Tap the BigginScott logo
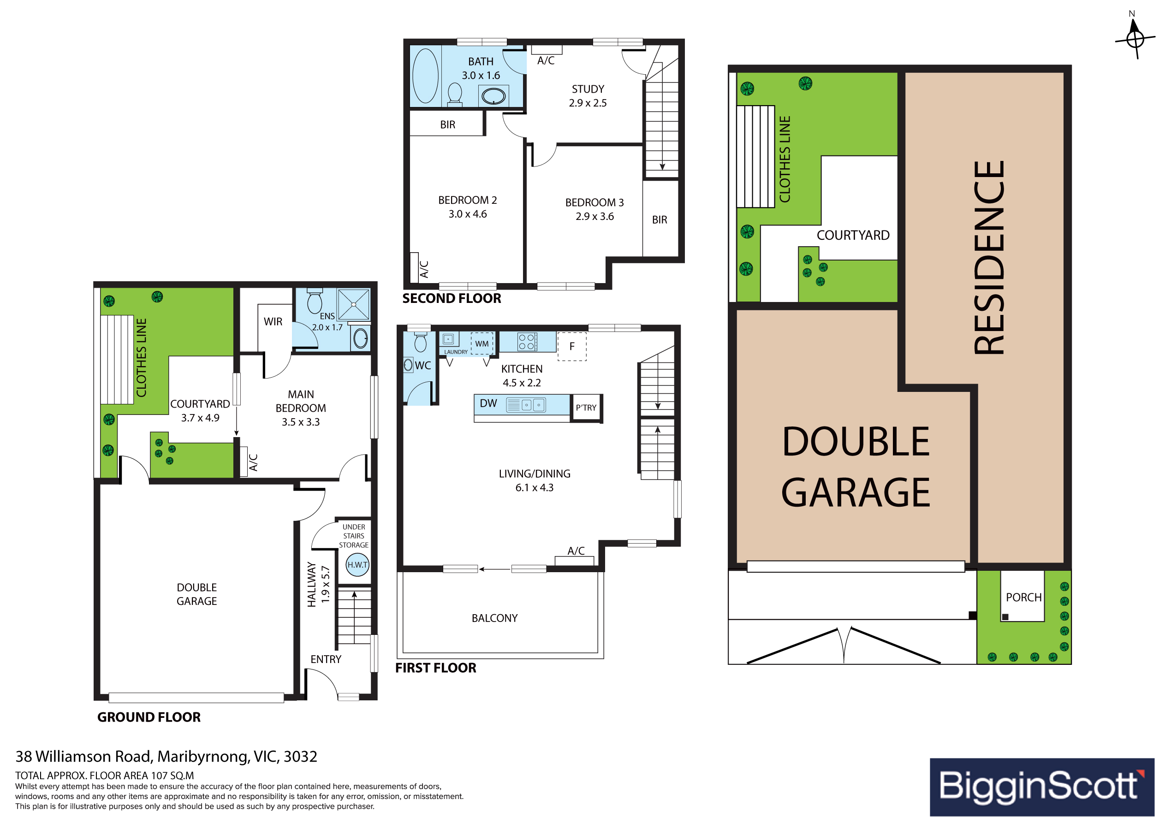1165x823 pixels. click(x=1042, y=787)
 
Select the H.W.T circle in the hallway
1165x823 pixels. click(x=357, y=565)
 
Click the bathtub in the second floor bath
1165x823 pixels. click(x=425, y=76)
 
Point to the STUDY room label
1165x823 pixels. click(x=588, y=89)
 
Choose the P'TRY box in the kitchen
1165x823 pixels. click(x=587, y=408)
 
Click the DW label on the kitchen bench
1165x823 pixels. click(x=488, y=403)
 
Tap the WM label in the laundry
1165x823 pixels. click(x=482, y=344)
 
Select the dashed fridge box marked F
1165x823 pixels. click(x=572, y=347)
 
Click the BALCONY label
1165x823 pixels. click(x=495, y=618)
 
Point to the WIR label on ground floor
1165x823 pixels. click(x=273, y=322)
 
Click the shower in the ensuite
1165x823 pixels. click(x=354, y=304)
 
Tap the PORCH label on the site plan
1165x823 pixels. click(x=1023, y=598)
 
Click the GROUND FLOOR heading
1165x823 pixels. click(x=149, y=717)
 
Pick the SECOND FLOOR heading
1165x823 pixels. click(x=452, y=298)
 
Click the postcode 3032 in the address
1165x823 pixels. click(x=300, y=757)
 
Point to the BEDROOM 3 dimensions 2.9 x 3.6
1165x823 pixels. click(x=594, y=217)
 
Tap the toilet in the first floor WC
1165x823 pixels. click(x=420, y=343)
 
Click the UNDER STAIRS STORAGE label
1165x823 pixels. click(x=354, y=536)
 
